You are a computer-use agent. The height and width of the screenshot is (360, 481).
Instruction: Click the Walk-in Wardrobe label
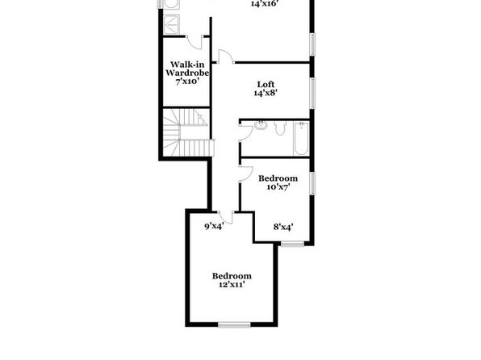tap(187, 69)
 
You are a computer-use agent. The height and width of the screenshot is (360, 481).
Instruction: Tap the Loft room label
tap(266, 84)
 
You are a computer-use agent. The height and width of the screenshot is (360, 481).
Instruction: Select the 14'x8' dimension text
tap(266, 93)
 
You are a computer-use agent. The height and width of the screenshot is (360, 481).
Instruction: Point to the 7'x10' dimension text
tap(187, 82)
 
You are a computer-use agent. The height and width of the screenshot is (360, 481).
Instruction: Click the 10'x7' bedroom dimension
tap(278, 187)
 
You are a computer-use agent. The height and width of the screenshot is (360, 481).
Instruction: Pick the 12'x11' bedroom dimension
tap(232, 284)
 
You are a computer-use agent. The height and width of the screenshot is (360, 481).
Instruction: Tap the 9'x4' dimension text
tap(214, 227)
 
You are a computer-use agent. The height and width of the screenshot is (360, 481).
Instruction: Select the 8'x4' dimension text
tap(283, 227)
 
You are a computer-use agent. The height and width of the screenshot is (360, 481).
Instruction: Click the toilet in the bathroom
tap(280, 128)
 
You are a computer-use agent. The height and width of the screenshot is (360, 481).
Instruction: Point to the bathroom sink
tap(261, 125)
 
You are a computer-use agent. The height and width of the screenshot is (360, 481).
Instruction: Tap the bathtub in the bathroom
tap(301, 138)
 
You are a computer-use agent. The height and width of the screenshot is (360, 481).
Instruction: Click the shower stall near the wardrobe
tap(172, 24)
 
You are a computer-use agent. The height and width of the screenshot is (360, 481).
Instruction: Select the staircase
tap(188, 132)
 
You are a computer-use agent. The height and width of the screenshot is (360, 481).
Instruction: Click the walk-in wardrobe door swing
tap(194, 42)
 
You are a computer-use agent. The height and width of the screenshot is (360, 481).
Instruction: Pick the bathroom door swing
tap(246, 132)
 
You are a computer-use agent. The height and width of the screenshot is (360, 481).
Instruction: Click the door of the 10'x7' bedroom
tap(246, 174)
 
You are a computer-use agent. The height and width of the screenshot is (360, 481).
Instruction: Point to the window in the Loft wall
tap(312, 93)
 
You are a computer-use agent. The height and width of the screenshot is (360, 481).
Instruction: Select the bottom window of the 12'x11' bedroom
tap(234, 324)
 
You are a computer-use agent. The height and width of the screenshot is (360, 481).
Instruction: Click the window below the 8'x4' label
tap(292, 245)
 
